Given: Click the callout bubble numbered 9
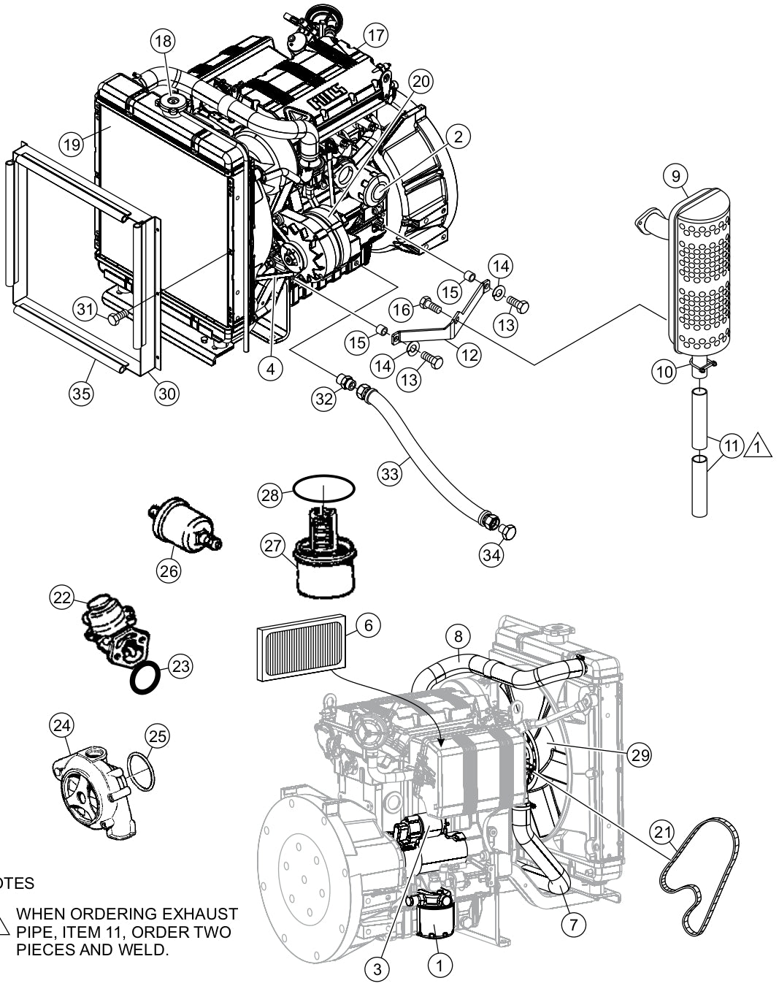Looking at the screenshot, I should click(x=676, y=175).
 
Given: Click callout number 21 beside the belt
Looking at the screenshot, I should click(x=663, y=832).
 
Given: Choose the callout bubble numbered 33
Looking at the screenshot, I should click(x=390, y=474).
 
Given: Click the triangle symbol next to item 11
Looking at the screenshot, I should click(x=759, y=445).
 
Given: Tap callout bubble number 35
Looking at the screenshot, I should click(x=82, y=393).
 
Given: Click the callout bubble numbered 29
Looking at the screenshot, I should click(x=640, y=755).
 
